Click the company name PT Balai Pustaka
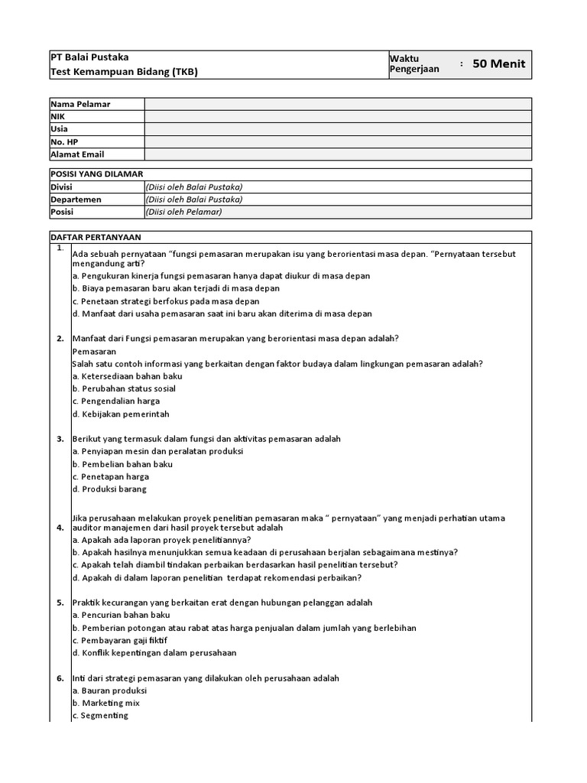pyautogui.click(x=89, y=57)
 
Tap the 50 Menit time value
pyautogui.click(x=498, y=64)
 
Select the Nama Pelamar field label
pyautogui.click(x=80, y=104)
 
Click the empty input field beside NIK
pyautogui.click(x=338, y=116)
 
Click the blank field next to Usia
pyautogui.click(x=338, y=129)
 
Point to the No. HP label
pyautogui.click(x=66, y=141)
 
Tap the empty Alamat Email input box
pyautogui.click(x=338, y=154)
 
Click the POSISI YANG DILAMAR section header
pyautogui.click(x=96, y=174)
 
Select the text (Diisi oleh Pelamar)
pyautogui.click(x=183, y=212)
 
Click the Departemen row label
pyautogui.click(x=76, y=200)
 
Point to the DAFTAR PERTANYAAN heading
pyautogui.click(x=95, y=237)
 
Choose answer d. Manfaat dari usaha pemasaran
pyautogui.click(x=222, y=314)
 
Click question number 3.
pyautogui.click(x=60, y=439)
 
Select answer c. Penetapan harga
pyautogui.click(x=111, y=476)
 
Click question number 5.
pyautogui.click(x=60, y=603)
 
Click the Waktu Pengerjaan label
pyautogui.click(x=414, y=64)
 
